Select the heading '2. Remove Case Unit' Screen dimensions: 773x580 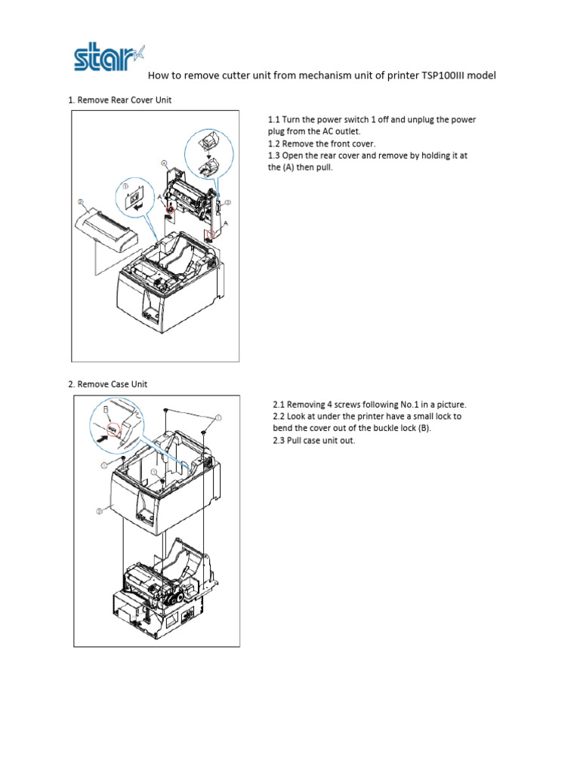coord(107,384)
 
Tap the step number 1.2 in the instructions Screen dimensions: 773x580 coord(276,143)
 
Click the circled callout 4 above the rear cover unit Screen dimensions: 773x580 coord(164,162)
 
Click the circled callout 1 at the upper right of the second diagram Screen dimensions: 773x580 coord(218,417)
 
